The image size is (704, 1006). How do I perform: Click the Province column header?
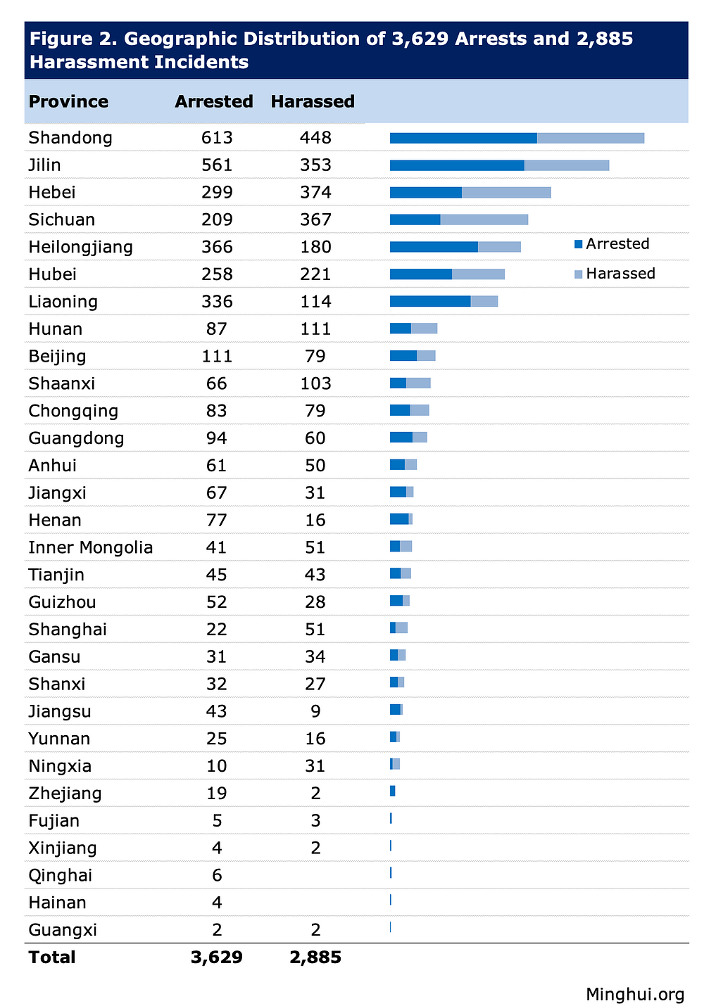(x=68, y=101)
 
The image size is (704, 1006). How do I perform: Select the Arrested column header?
(x=213, y=101)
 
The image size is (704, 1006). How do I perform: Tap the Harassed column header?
(x=313, y=101)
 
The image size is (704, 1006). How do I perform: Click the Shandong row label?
(x=70, y=138)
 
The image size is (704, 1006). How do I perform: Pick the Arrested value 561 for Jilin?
(x=217, y=165)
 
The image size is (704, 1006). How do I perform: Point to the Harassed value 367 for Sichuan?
(x=315, y=220)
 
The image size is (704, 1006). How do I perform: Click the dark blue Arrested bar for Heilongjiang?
(x=434, y=247)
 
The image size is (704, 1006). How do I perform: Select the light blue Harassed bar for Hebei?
(x=506, y=192)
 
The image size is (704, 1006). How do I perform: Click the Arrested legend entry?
(x=612, y=244)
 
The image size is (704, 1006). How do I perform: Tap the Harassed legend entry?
(x=615, y=274)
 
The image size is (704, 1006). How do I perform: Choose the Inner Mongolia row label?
(x=90, y=548)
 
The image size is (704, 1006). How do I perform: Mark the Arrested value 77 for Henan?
(x=217, y=521)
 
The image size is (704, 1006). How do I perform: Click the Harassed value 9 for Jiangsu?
(x=315, y=712)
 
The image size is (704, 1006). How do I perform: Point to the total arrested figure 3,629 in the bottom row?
(x=217, y=957)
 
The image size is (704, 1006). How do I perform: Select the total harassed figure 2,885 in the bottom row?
(x=315, y=957)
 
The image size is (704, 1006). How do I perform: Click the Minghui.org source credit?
(x=635, y=994)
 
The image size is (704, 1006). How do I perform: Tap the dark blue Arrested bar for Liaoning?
(x=430, y=302)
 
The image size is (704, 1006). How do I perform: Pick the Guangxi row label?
(x=63, y=931)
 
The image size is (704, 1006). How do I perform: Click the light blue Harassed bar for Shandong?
(x=591, y=138)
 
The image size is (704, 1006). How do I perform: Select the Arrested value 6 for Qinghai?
(x=217, y=876)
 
